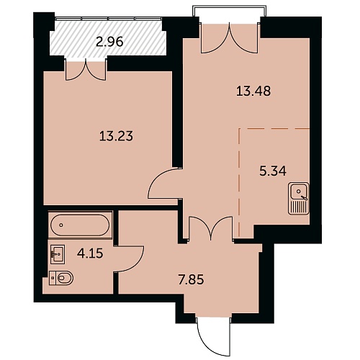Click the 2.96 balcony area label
coord(109,42)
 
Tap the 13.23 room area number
coord(116,136)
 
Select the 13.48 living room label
coord(253,91)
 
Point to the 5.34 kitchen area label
coord(273,171)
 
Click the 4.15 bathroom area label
coord(90,253)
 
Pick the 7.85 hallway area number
coord(192,280)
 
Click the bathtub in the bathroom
coord(80,225)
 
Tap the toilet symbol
coord(61,278)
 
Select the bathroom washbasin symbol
coord(58,254)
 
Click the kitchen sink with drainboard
coord(298,198)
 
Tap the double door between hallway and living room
coord(211,228)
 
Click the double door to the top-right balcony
coord(230,38)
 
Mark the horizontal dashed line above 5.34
coord(274,129)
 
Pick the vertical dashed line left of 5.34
coord(239,182)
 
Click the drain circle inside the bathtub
coord(61,225)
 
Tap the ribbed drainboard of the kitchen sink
coord(298,207)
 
